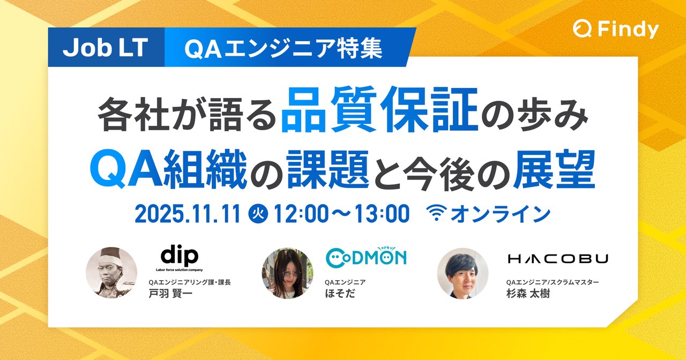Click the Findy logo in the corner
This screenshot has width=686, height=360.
[615, 29]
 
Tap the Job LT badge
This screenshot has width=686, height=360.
[106, 48]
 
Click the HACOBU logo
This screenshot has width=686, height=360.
[557, 259]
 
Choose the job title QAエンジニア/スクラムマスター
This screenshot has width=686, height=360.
[552, 282]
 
